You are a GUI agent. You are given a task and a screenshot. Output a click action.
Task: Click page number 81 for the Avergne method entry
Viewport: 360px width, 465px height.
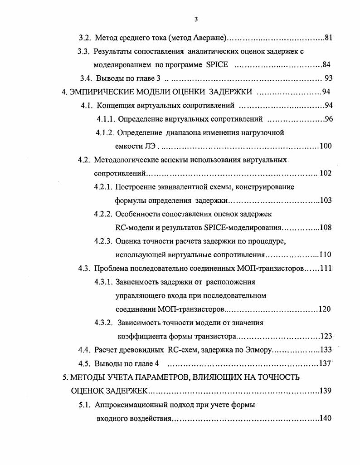coord(329,38)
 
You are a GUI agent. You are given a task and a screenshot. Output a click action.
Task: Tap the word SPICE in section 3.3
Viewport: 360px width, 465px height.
coord(217,64)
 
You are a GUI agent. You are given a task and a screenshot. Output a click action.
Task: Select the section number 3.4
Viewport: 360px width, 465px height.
coord(87,78)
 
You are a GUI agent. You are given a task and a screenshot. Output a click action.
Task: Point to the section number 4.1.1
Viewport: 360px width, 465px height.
coord(105,119)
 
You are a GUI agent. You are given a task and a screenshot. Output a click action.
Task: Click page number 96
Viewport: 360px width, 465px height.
coord(329,119)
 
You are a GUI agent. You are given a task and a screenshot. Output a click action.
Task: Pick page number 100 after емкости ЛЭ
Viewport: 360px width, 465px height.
coord(326,146)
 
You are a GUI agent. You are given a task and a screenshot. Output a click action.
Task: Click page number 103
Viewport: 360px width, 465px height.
coord(326,201)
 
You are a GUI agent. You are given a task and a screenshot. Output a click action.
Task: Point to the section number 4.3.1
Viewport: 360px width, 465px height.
coord(103,282)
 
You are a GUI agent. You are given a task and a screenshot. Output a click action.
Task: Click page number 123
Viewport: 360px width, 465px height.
coord(326,336)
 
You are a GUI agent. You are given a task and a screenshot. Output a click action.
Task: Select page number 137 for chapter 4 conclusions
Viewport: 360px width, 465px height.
coord(326,363)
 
